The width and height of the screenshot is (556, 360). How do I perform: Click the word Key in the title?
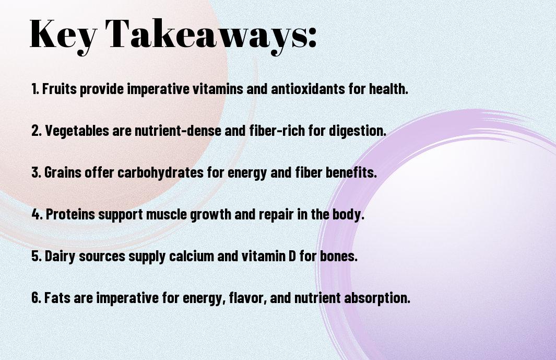(63, 36)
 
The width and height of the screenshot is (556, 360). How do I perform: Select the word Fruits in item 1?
(60, 88)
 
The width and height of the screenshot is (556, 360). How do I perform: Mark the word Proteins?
(70, 214)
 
